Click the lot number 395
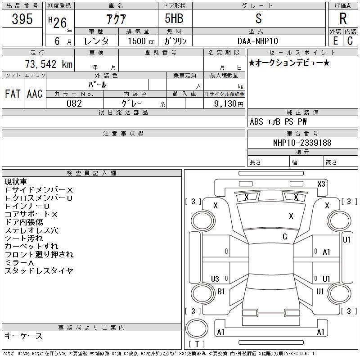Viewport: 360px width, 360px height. click(22, 18)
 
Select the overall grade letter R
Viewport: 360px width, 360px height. click(343, 18)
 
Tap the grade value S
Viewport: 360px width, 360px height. click(258, 18)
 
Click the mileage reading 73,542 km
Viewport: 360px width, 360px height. click(49, 64)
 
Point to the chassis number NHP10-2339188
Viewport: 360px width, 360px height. click(302, 143)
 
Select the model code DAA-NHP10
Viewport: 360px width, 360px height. click(257, 41)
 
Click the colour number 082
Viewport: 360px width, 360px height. click(74, 103)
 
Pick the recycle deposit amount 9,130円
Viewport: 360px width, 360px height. click(229, 104)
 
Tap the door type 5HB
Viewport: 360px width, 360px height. click(174, 18)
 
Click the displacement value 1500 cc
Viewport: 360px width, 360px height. click(141, 41)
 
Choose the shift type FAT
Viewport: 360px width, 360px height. click(13, 94)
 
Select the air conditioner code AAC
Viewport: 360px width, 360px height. click(35, 94)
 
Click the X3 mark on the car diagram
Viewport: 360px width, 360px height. click(321, 184)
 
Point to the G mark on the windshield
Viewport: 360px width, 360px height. click(285, 237)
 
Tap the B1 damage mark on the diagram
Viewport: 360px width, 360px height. click(221, 292)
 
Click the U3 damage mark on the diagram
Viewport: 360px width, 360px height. click(215, 279)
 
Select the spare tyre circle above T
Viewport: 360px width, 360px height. click(197, 328)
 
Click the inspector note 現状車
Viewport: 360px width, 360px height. click(16, 182)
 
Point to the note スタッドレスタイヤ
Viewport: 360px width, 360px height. click(39, 271)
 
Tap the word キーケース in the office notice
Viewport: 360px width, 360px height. click(23, 336)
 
